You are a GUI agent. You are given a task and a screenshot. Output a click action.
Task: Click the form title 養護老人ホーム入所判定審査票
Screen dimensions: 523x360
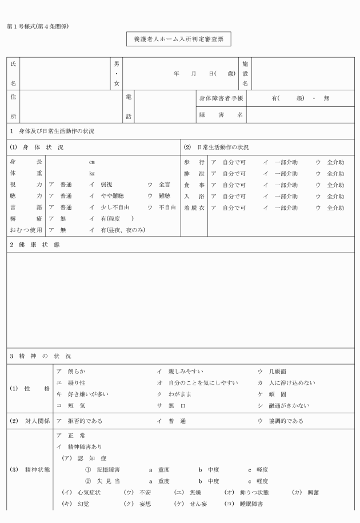[178, 39]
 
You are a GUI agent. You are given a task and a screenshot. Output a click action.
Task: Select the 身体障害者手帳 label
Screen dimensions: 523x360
[221, 98]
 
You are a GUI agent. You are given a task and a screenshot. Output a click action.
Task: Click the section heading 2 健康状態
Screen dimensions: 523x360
[34, 245]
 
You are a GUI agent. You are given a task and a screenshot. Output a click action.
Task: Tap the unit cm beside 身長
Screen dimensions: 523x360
[91, 162]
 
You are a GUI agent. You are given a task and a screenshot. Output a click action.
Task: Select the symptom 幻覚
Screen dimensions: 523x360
[75, 504]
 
